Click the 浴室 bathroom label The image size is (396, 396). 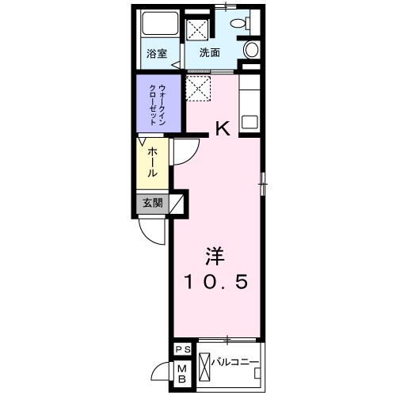click(x=157, y=54)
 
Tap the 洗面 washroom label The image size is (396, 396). click(x=209, y=54)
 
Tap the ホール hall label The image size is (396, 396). click(x=151, y=162)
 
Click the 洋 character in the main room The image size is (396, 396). click(x=215, y=256)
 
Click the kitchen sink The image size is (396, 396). click(x=249, y=123)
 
